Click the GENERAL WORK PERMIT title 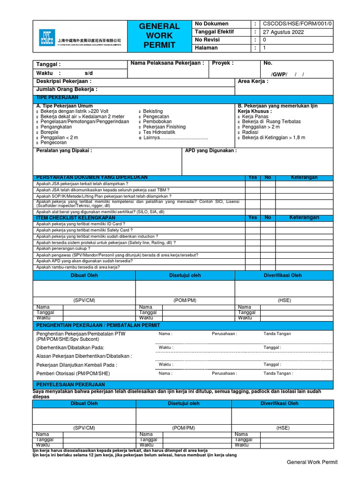[159, 36]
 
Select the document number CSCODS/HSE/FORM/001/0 [297, 23]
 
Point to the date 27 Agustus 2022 [283, 32]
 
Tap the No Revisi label [208, 40]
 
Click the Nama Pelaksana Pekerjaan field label [167, 63]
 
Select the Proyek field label [223, 63]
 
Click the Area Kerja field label [253, 81]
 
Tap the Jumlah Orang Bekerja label [67, 89]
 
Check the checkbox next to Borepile [38, 133]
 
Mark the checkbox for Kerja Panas [239, 117]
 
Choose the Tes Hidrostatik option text [159, 132]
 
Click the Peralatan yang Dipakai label [64, 150]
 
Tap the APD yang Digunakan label [211, 150]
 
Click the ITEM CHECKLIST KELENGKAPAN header [75, 218]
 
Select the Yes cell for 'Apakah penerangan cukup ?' [253, 248]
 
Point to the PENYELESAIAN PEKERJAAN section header [71, 384]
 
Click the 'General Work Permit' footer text [312, 462]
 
